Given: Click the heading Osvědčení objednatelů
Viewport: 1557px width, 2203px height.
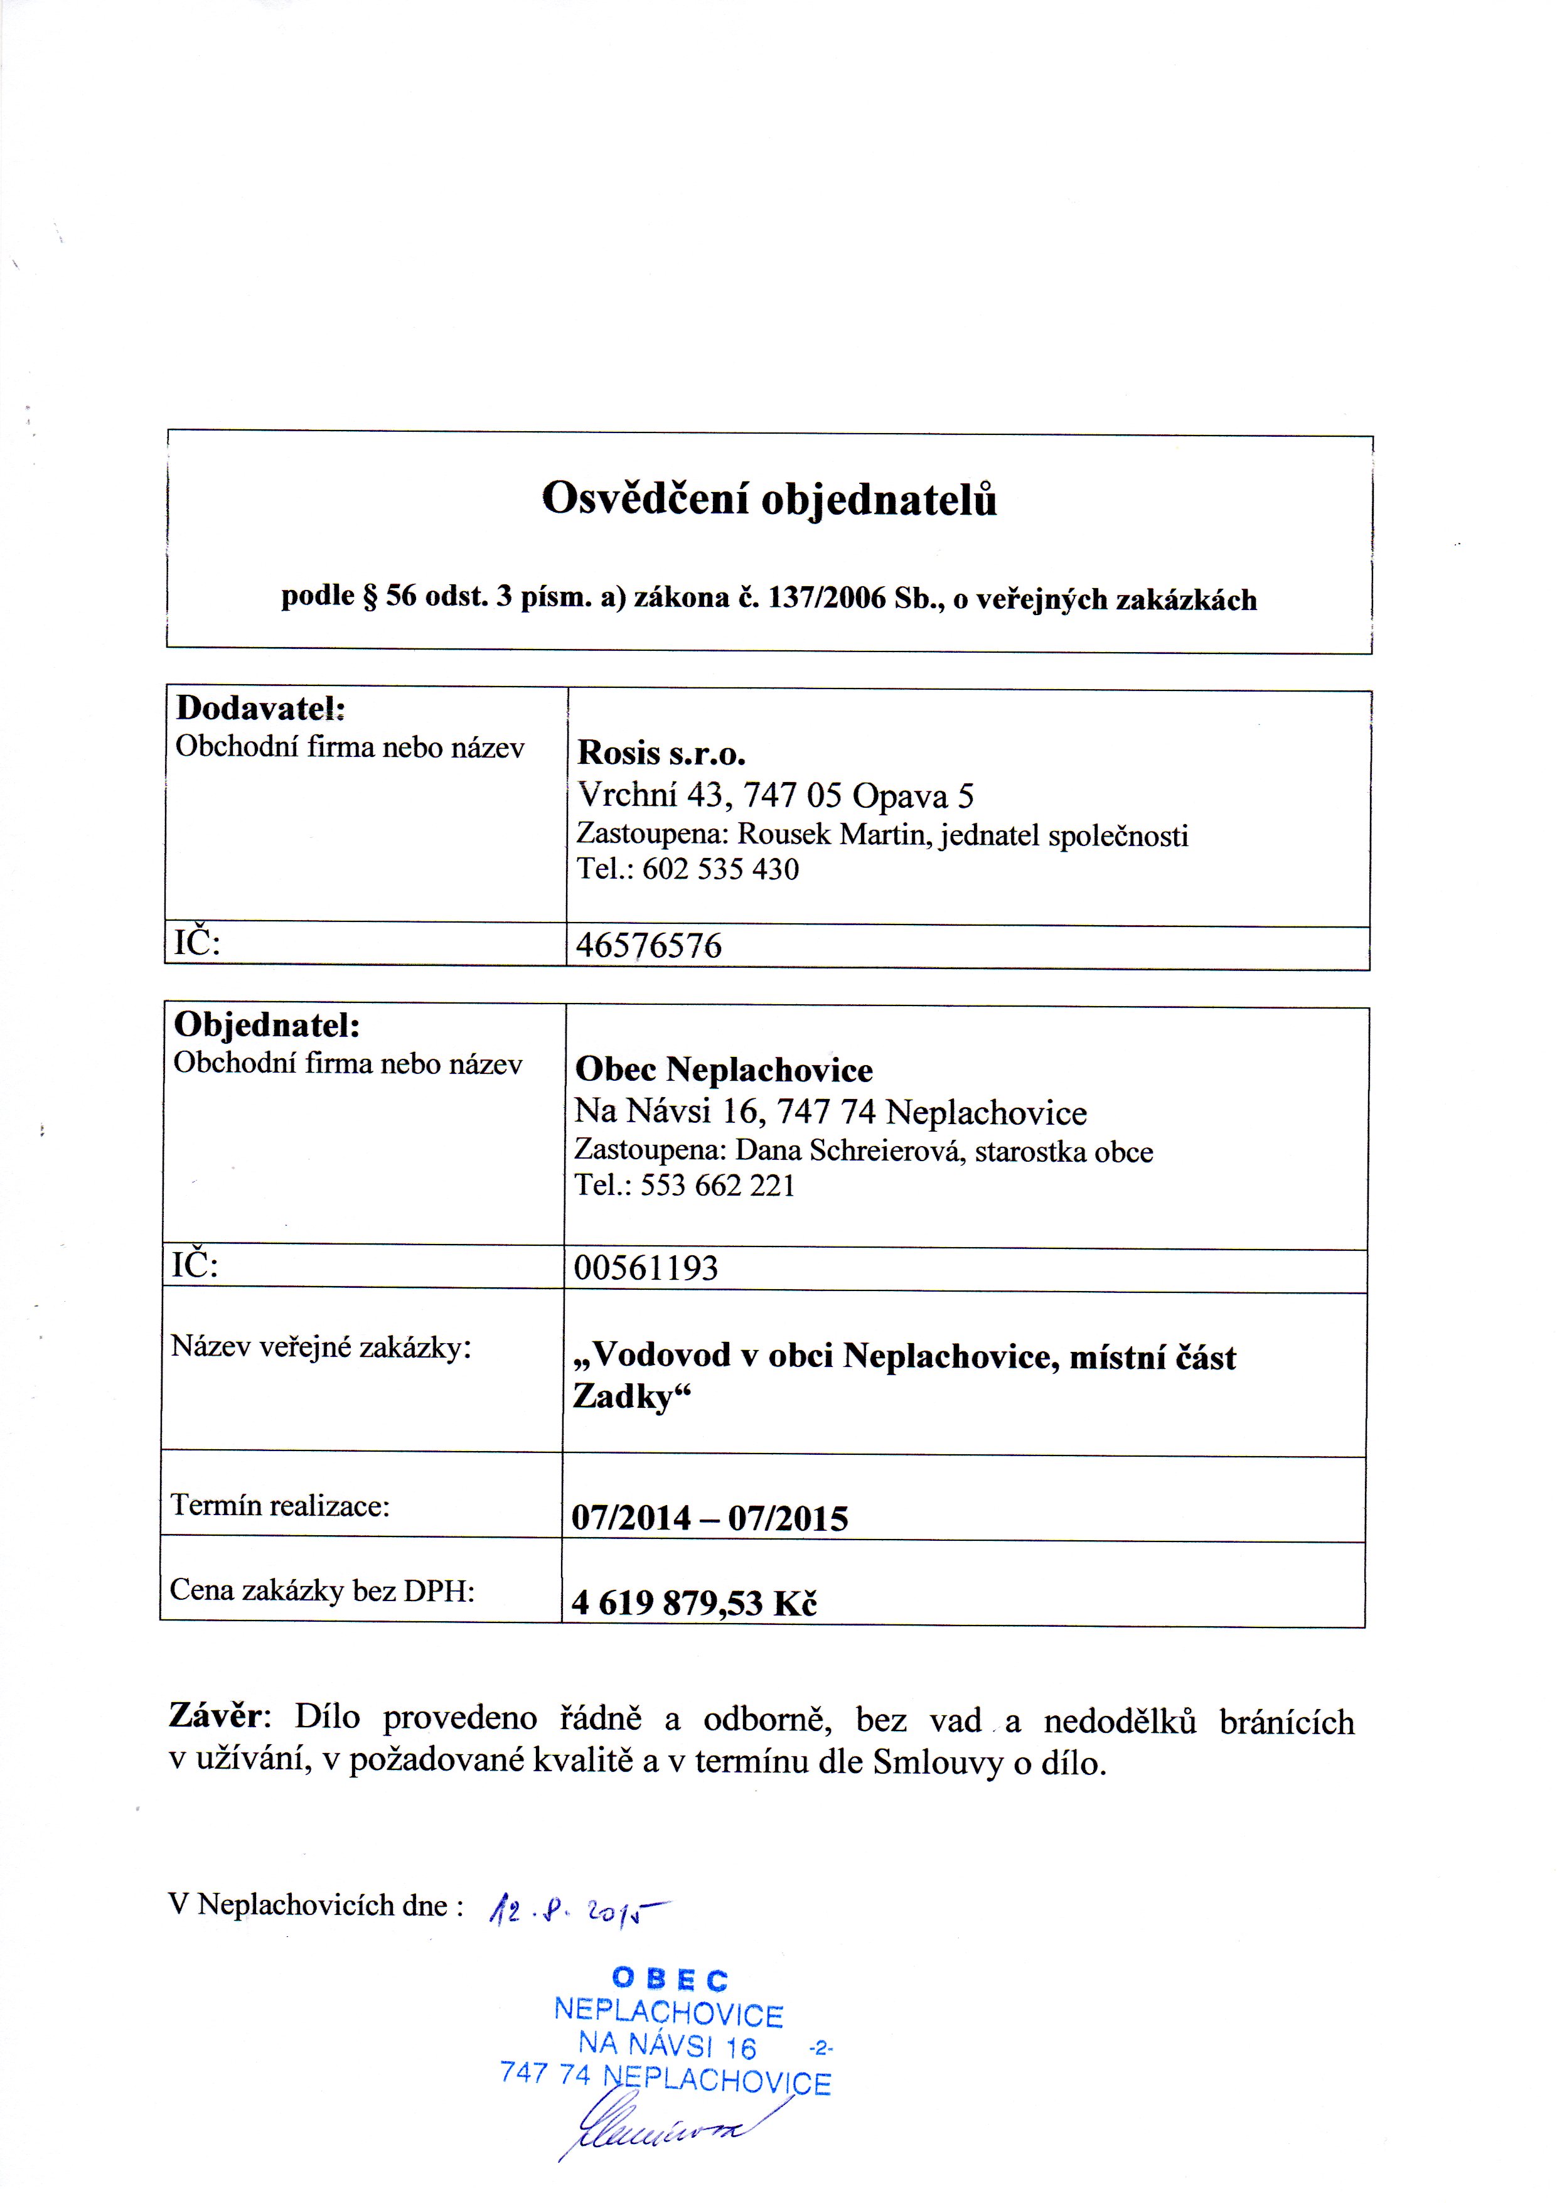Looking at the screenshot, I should click(769, 500).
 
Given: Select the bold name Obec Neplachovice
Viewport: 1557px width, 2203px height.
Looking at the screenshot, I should click(724, 1070).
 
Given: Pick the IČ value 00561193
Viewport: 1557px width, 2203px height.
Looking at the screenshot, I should click(646, 1268).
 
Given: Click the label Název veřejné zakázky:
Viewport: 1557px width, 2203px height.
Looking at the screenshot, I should click(321, 1347).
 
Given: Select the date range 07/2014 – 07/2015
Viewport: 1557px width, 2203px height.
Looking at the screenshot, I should click(710, 1518).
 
